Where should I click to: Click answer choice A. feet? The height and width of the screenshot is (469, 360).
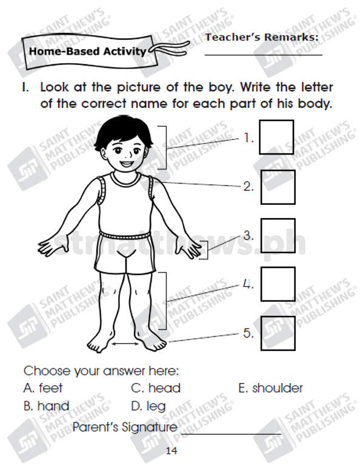pos(43,388)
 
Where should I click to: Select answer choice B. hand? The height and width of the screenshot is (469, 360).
pos(47,406)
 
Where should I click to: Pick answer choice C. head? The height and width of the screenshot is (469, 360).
pos(156,388)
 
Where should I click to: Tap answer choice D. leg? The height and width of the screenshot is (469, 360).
pos(148,407)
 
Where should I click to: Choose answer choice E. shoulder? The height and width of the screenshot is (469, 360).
pos(270,388)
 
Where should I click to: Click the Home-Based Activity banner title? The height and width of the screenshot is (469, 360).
pos(87,52)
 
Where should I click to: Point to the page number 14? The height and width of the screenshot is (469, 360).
pos(172,450)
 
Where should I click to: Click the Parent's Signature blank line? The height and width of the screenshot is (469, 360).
pos(231,433)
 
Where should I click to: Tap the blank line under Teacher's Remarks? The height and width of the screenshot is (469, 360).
pos(264,55)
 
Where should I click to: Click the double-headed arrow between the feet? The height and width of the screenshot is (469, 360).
pos(125,344)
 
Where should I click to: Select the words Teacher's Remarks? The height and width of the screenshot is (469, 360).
pos(262,38)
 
